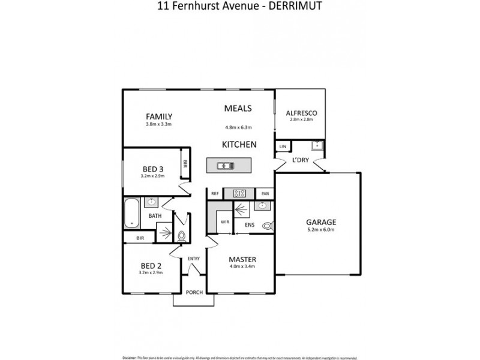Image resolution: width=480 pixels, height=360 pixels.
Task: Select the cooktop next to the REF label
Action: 239,193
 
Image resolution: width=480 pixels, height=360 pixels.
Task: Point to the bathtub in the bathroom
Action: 131,213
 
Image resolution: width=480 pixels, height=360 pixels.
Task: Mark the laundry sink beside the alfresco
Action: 316,146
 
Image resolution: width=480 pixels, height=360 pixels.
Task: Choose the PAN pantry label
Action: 265,194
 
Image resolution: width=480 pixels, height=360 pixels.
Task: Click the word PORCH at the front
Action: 194,292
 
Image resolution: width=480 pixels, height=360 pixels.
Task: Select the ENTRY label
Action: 194,259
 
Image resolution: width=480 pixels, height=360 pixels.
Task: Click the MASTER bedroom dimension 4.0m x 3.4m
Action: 243,267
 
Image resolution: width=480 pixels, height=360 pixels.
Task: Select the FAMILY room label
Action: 159,116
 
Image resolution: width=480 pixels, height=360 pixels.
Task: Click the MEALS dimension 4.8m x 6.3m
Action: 238,127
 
